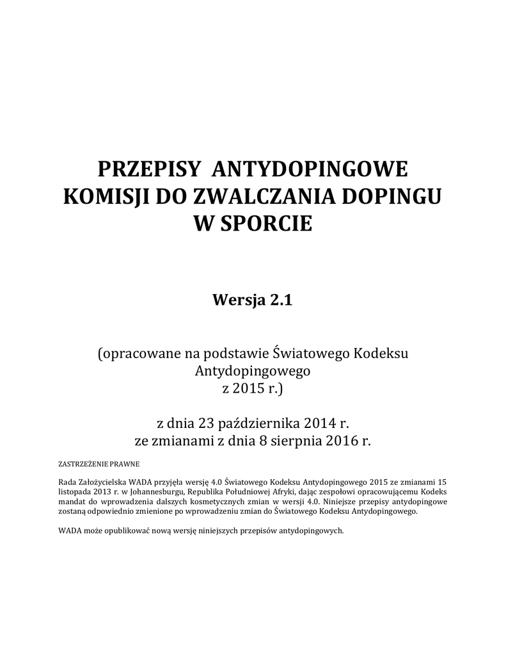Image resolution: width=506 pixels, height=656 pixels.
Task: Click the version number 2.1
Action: [x=279, y=300]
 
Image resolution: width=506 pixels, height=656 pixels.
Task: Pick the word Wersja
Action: [x=238, y=300]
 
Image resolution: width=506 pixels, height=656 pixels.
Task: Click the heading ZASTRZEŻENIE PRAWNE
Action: [x=99, y=463]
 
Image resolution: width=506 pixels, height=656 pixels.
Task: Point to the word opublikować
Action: [x=132, y=531]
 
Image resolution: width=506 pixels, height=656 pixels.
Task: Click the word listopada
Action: [x=74, y=491]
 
